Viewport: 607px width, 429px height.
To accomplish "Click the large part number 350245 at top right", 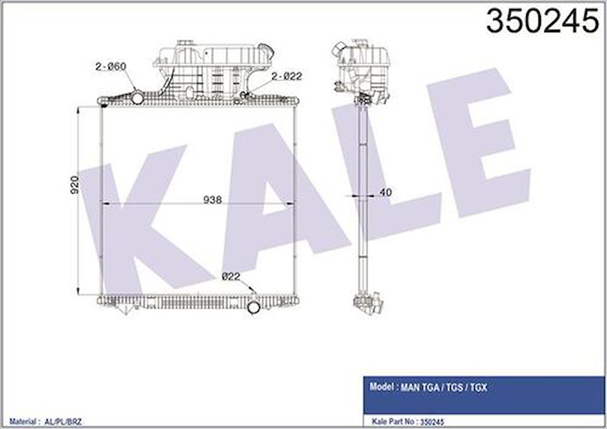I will tap(542, 22).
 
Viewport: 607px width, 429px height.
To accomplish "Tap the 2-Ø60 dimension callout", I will tap(111, 67).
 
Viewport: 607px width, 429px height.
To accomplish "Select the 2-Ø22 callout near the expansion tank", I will tap(286, 77).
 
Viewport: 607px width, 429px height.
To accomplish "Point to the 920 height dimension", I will tap(75, 185).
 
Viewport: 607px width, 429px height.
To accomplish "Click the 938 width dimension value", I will tap(212, 200).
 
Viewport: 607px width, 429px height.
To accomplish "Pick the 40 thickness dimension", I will tap(385, 193).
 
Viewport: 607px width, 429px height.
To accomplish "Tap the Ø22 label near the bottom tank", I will tap(231, 276).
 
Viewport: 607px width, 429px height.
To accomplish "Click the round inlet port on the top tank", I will tap(137, 97).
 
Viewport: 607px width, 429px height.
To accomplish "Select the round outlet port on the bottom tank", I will tap(254, 307).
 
